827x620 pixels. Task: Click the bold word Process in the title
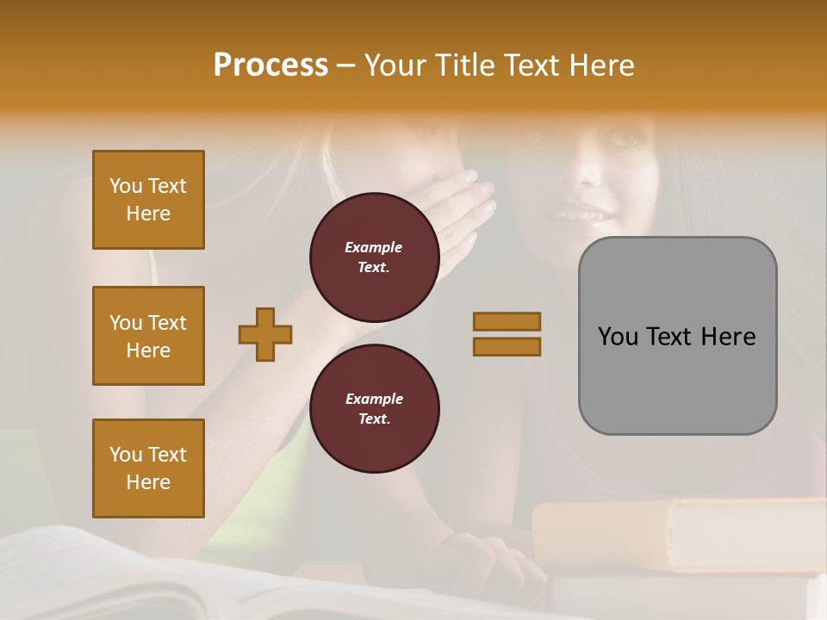tap(270, 65)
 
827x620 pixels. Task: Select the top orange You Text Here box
tap(148, 200)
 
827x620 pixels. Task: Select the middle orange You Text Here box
tap(148, 336)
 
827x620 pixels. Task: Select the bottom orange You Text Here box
tap(148, 468)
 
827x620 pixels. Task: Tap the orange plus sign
tap(265, 334)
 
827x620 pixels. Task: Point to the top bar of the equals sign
tap(507, 321)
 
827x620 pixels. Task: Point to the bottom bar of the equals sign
tap(507, 346)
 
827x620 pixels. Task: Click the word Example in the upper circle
tap(374, 247)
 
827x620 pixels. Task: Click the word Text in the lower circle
tap(374, 418)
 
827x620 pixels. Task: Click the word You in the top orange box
tap(126, 186)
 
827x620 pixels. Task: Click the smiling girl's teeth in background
tap(582, 214)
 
